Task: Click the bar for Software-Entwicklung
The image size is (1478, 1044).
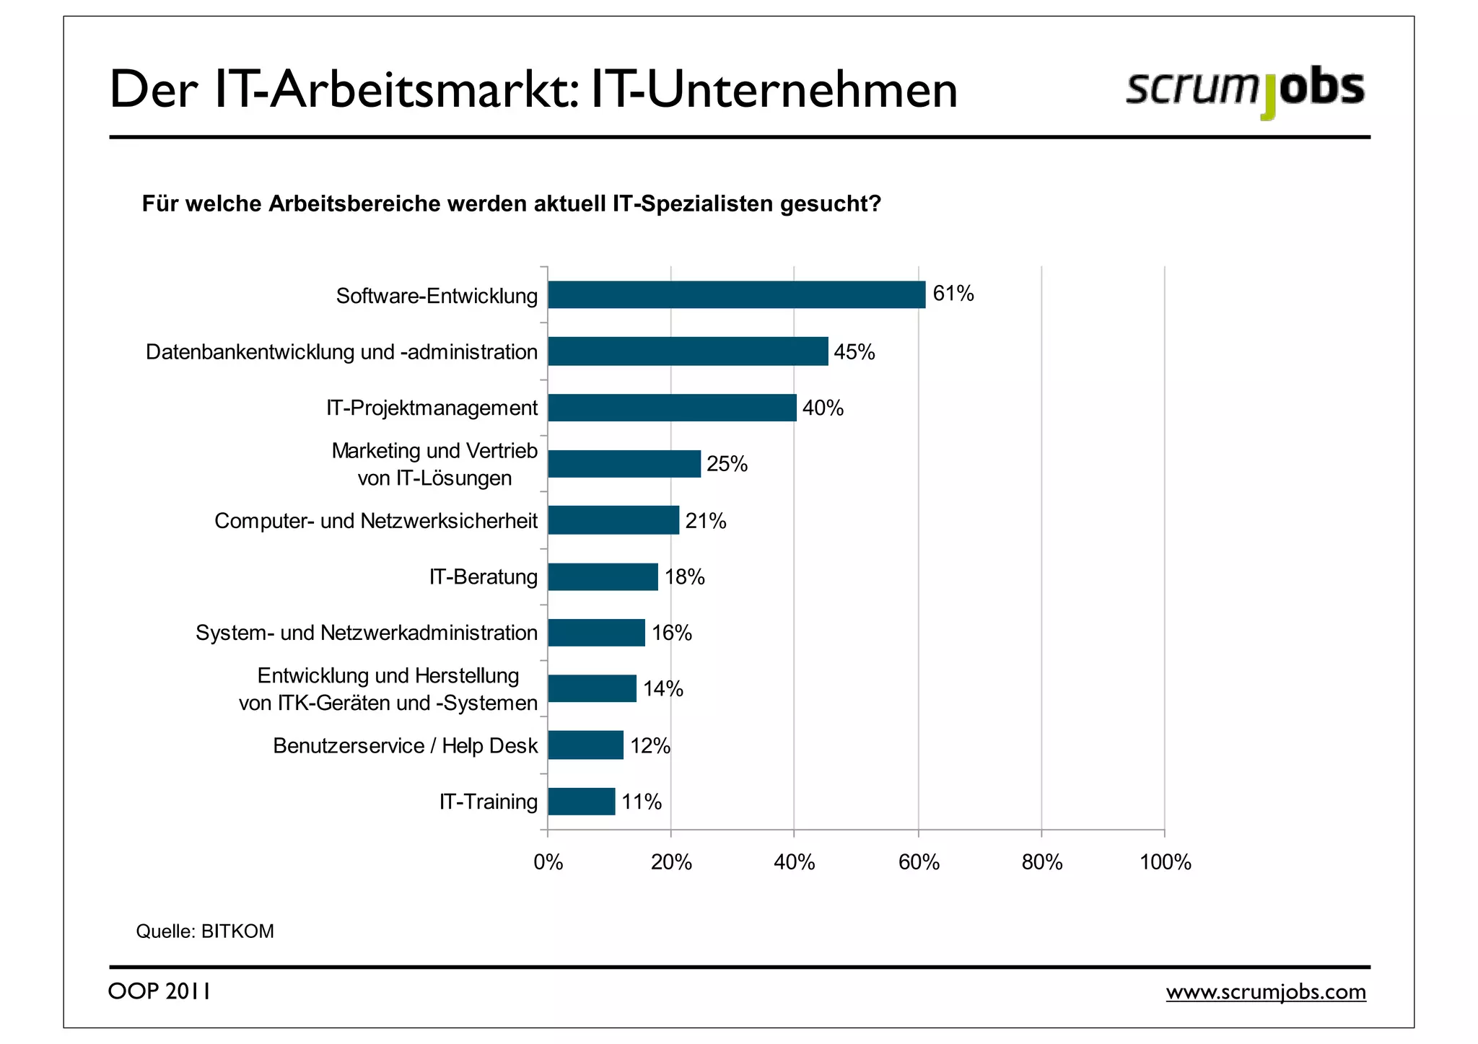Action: [x=736, y=295]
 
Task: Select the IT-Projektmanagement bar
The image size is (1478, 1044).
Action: [x=672, y=408]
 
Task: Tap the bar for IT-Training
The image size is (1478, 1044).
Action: [x=582, y=802]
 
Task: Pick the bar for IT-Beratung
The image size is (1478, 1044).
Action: [x=603, y=577]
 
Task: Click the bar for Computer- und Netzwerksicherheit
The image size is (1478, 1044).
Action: [x=613, y=520]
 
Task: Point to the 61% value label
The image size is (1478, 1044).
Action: [x=953, y=294]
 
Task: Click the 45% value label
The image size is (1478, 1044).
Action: [x=854, y=352]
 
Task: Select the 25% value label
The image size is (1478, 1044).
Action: [x=727, y=464]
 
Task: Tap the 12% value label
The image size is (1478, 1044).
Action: [x=650, y=745]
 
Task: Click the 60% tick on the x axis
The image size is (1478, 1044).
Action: [x=919, y=862]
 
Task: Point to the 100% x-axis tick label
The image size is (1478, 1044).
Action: [x=1165, y=862]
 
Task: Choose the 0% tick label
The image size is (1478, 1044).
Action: [x=548, y=862]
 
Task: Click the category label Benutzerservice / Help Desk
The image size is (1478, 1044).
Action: [x=405, y=745]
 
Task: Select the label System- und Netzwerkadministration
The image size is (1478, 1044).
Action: [x=367, y=633]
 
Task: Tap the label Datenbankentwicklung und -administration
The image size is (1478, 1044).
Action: [x=341, y=352]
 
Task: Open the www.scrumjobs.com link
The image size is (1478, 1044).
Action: [x=1266, y=992]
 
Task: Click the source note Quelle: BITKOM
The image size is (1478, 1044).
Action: [x=205, y=931]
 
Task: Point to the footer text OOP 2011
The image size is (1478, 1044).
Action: [x=159, y=991]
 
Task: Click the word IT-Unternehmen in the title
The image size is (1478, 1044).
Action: [x=774, y=89]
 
